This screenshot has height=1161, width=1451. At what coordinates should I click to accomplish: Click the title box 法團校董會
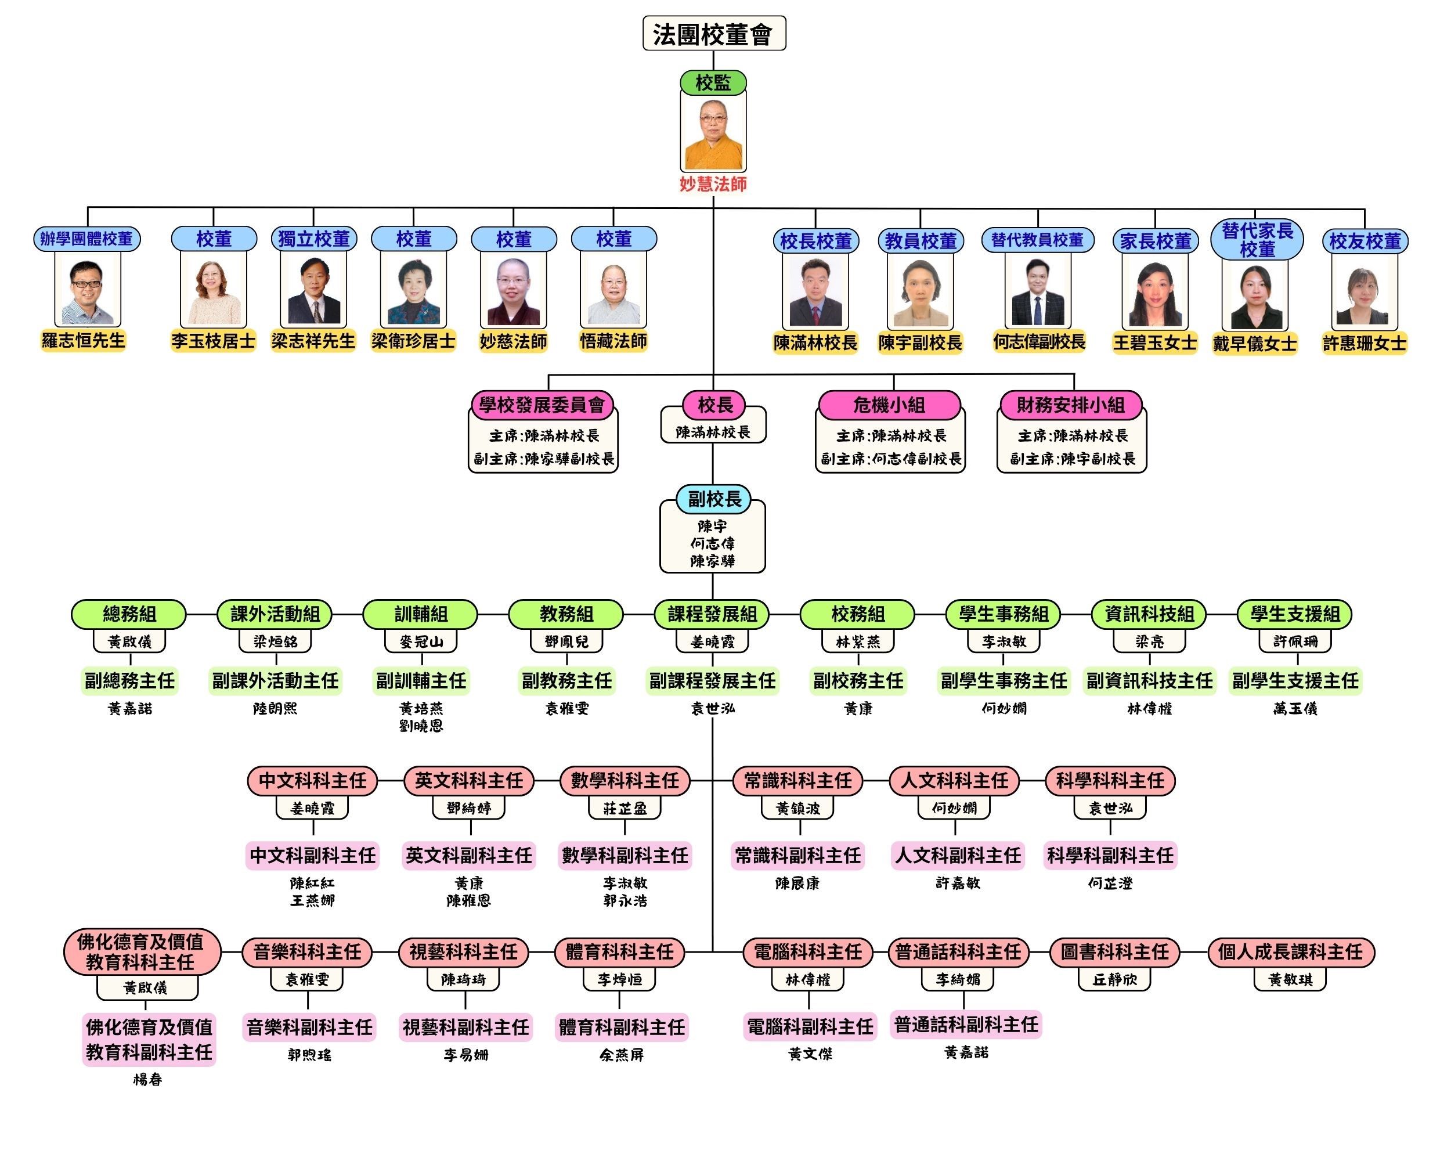(x=713, y=34)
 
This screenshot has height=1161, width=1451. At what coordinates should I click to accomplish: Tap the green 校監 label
(x=713, y=83)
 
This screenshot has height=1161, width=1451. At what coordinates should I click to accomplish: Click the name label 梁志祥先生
(x=313, y=341)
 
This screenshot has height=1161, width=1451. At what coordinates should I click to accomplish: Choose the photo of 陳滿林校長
(x=815, y=292)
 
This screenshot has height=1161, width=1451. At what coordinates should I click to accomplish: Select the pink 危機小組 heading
(x=889, y=405)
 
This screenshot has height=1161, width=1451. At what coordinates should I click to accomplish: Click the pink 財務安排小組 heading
(x=1070, y=405)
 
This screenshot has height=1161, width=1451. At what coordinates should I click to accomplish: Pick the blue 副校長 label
(x=713, y=499)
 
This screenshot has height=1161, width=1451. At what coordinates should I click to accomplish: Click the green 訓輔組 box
(x=421, y=614)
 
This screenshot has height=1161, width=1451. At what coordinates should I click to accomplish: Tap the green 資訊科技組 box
(x=1149, y=614)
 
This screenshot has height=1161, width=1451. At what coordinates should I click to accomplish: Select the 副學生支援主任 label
(x=1295, y=681)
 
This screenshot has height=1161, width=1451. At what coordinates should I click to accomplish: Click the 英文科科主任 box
(x=468, y=781)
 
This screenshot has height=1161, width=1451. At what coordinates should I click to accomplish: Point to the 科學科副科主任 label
(x=1110, y=856)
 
